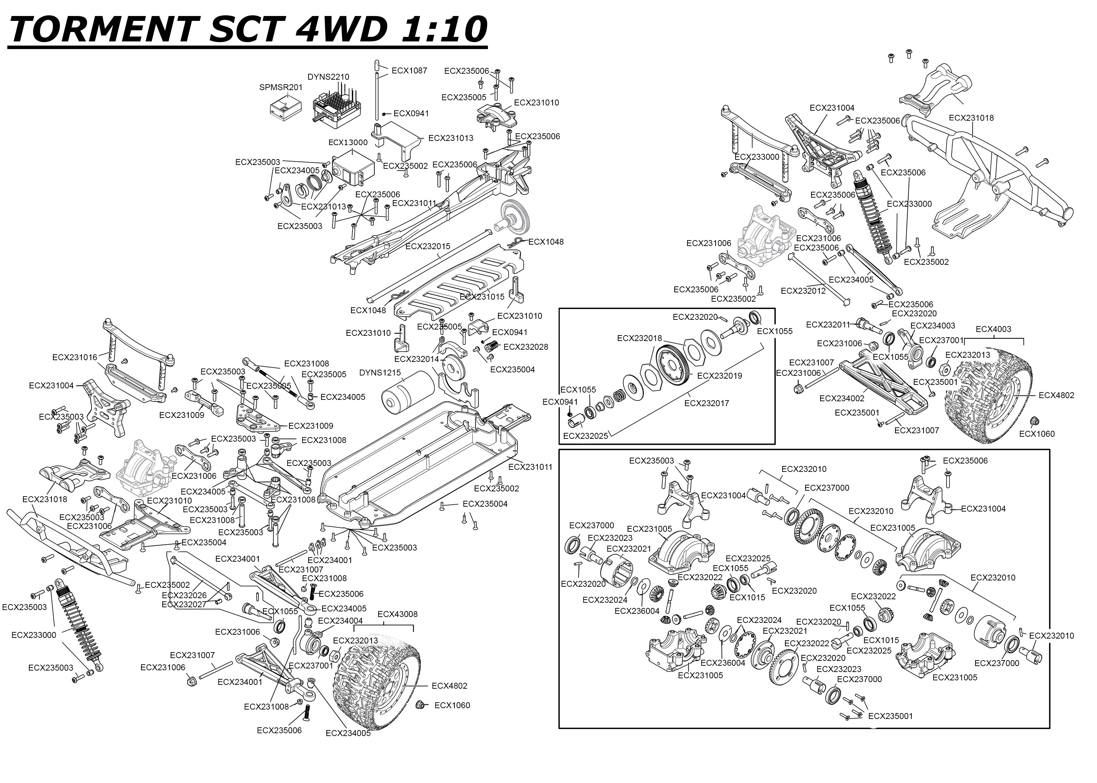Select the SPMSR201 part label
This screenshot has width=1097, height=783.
(x=281, y=87)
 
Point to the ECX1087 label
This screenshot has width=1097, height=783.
(x=409, y=70)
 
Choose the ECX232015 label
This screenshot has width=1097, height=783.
(x=427, y=246)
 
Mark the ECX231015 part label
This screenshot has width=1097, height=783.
(x=482, y=296)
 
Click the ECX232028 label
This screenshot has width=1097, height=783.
(x=526, y=347)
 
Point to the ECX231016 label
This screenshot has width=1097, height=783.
(x=75, y=357)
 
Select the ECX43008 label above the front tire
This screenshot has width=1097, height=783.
(x=397, y=614)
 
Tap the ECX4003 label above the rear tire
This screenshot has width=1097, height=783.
(x=993, y=329)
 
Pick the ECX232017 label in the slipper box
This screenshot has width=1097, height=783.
(x=707, y=403)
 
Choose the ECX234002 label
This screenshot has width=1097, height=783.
(x=842, y=398)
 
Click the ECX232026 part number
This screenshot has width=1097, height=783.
(x=184, y=595)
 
